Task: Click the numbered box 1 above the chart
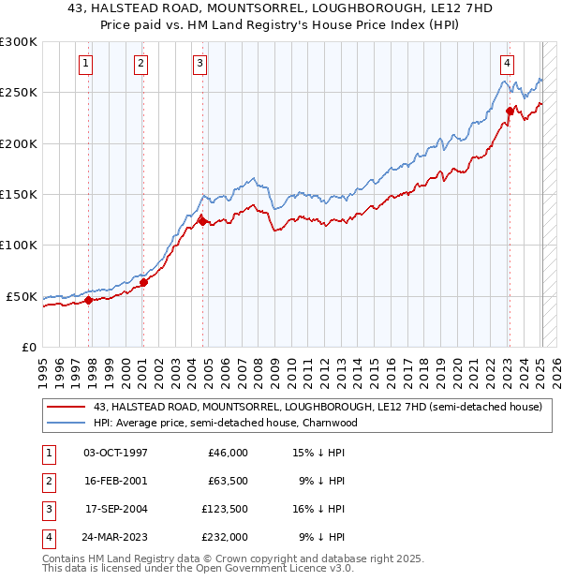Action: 85,64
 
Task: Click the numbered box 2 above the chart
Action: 140,64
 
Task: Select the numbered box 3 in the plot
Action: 200,64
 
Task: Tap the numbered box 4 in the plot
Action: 507,64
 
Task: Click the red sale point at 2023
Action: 510,111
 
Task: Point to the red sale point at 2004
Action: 202,221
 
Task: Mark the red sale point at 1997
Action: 88,300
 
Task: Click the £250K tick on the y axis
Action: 19,93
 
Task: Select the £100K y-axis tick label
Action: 19,245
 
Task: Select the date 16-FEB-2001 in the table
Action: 115,481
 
